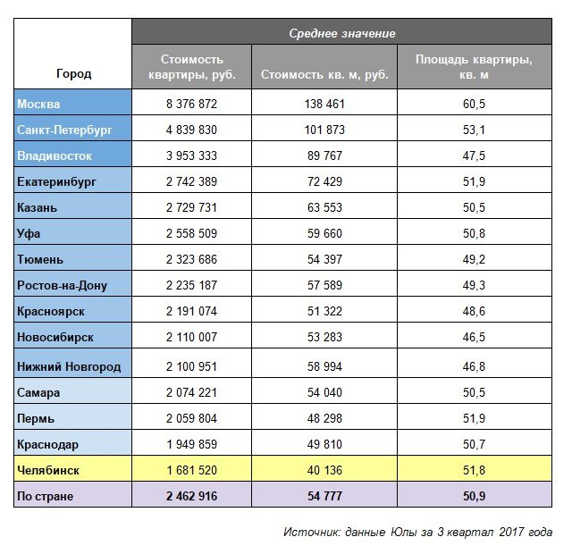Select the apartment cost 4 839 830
(192, 130)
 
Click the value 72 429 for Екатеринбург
(324, 181)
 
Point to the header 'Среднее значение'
(342, 33)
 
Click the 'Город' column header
(73, 73)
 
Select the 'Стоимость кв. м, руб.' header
(324, 73)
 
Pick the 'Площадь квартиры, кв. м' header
(475, 66)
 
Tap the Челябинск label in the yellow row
(48, 469)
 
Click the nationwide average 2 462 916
(192, 495)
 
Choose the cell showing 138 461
(324, 104)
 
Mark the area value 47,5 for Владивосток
(475, 155)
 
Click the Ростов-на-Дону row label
(62, 286)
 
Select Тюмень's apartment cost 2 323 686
(192, 260)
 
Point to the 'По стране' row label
(45, 495)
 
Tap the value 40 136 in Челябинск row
(324, 469)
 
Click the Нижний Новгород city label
(69, 366)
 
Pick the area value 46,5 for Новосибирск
(475, 338)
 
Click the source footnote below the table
(417, 532)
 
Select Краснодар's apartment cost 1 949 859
(192, 443)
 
